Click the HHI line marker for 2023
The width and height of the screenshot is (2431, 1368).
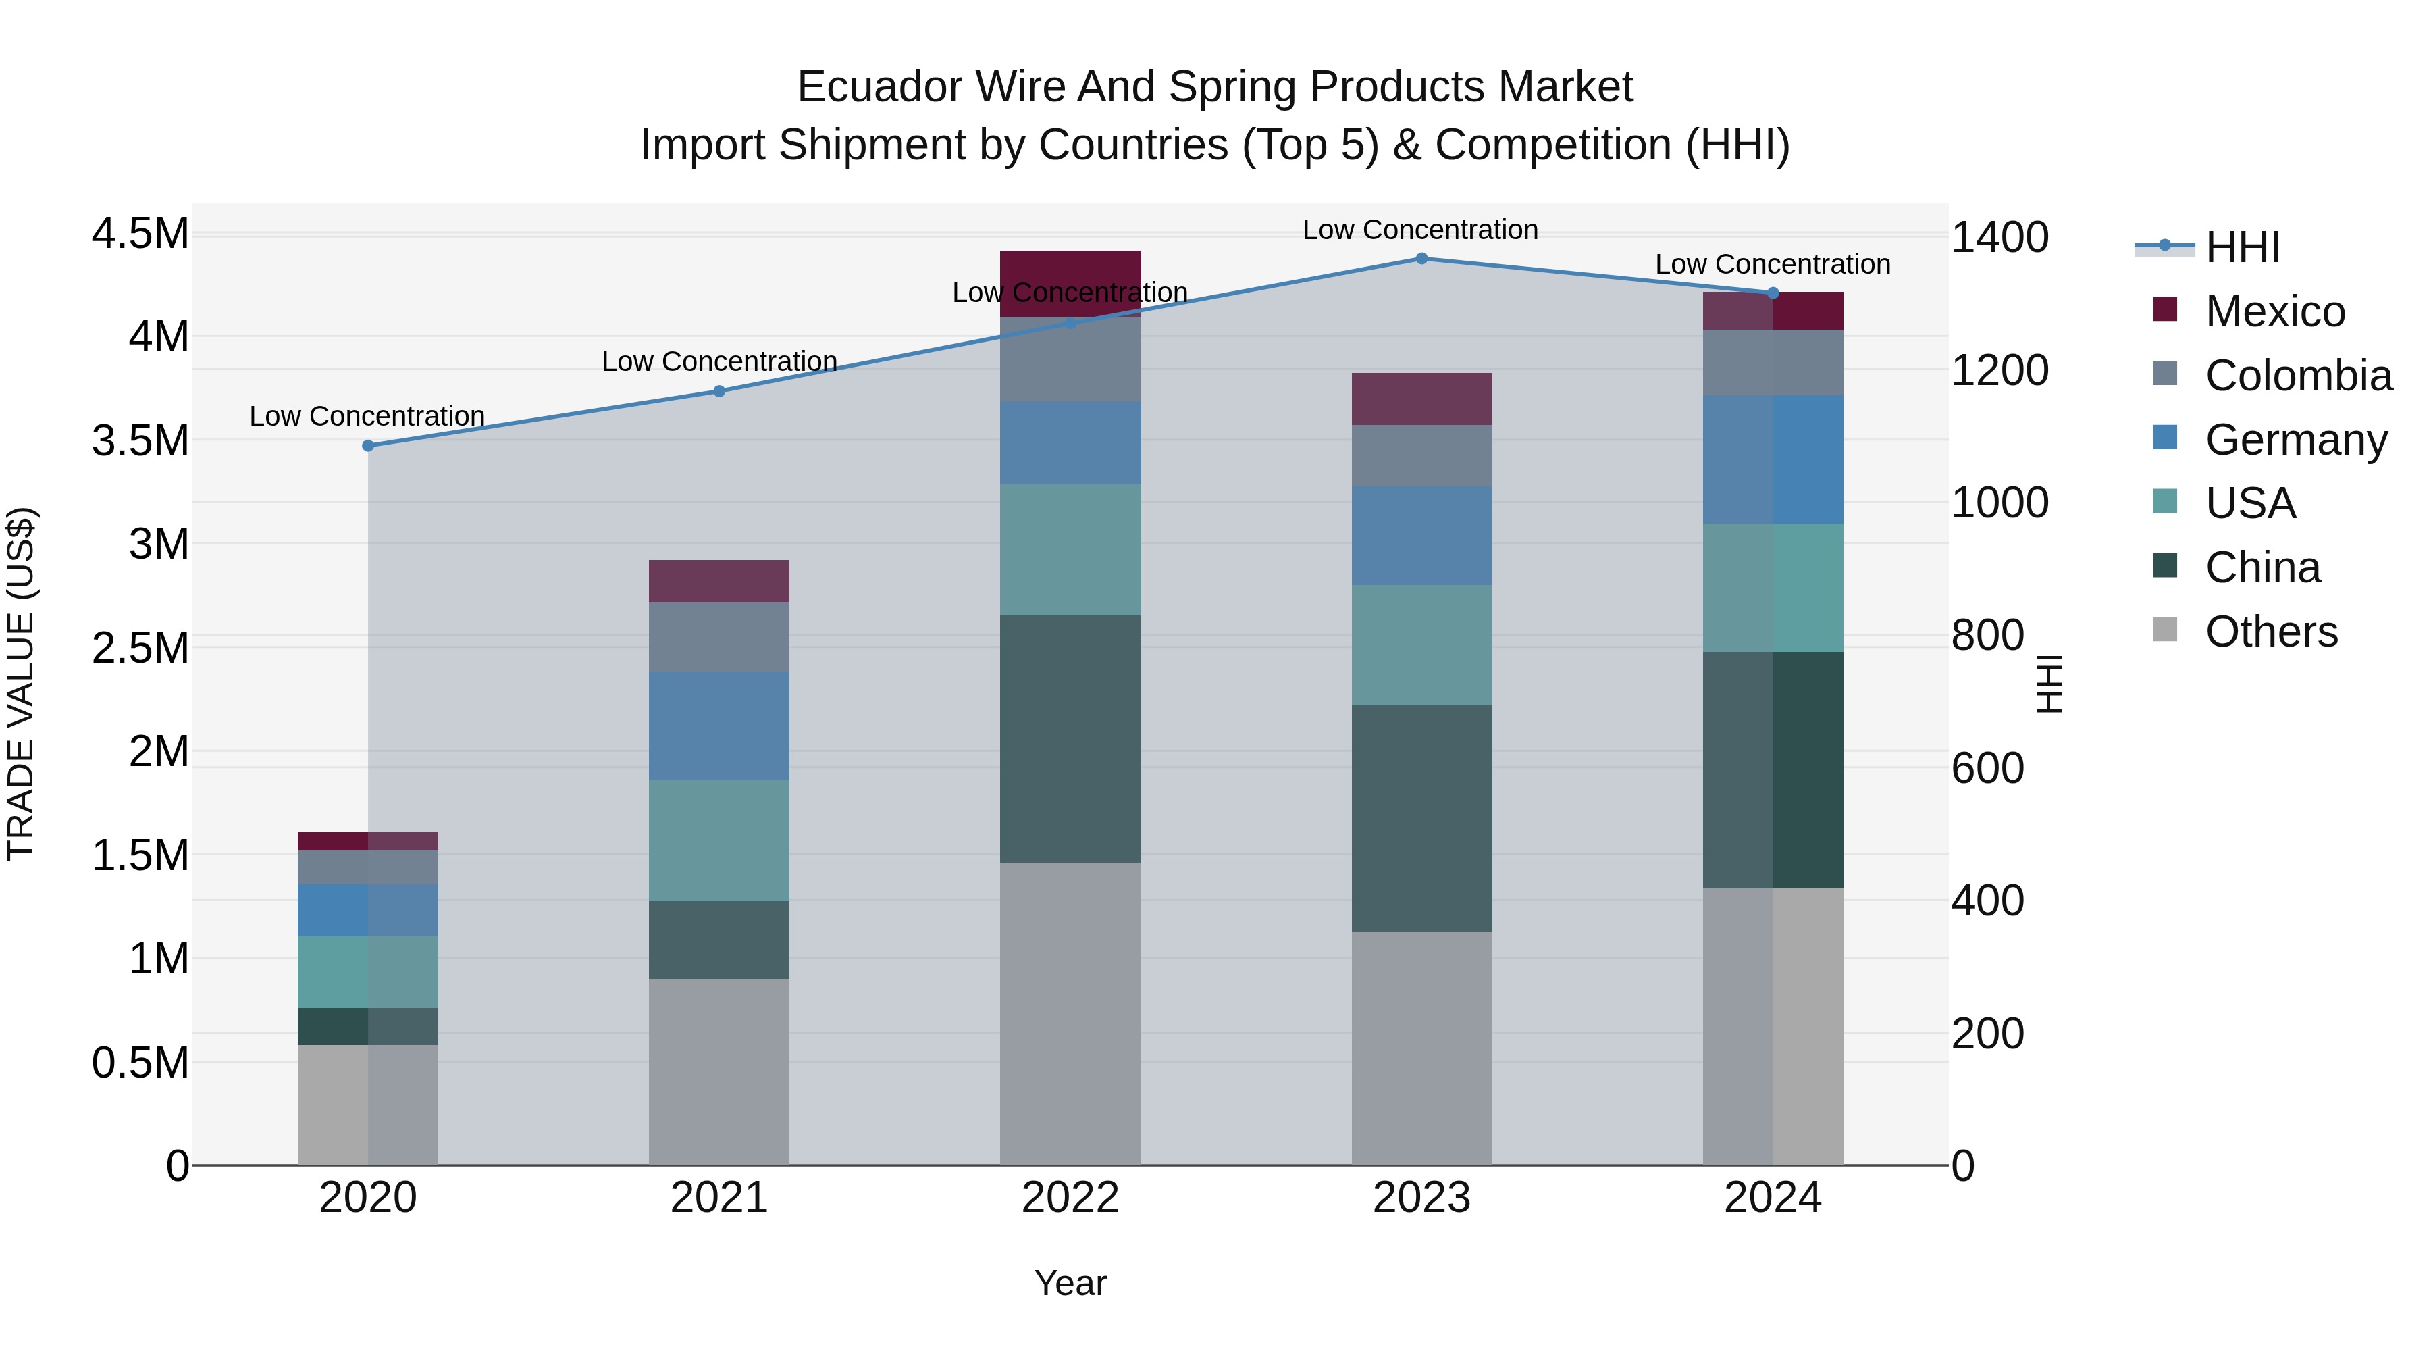(x=1421, y=258)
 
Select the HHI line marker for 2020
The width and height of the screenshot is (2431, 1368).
(x=368, y=446)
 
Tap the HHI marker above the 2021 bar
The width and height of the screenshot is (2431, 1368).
(x=719, y=391)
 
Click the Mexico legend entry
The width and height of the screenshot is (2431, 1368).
(x=2274, y=311)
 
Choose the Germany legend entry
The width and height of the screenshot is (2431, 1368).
(x=2295, y=440)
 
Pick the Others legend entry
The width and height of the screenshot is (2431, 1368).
(x=2270, y=632)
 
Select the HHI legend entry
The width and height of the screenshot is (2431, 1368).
(x=2241, y=247)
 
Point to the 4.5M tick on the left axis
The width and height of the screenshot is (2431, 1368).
(x=140, y=233)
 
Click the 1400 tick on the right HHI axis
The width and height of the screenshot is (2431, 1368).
(x=1999, y=237)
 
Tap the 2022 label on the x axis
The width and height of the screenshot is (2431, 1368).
(x=1070, y=1198)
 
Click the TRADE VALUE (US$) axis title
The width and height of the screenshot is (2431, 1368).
(x=21, y=684)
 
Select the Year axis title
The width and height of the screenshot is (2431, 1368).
(x=1070, y=1283)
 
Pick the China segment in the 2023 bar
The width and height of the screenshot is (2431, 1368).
(x=1421, y=817)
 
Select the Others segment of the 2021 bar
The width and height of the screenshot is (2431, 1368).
(x=719, y=1071)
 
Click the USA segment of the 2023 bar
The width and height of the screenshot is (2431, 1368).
(x=1421, y=645)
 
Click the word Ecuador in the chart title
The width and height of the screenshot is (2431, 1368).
(x=879, y=87)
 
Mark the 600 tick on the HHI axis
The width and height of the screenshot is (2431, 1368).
(x=1987, y=769)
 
